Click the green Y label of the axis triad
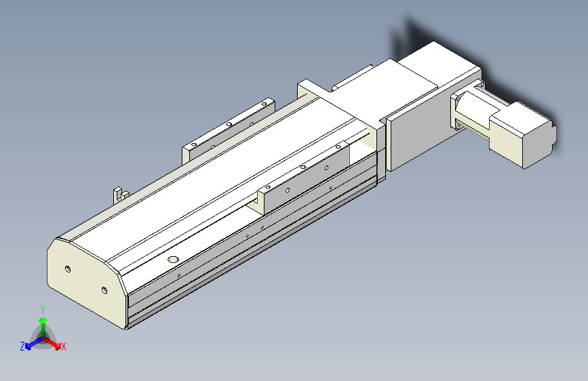[x=43, y=310]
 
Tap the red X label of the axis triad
[x=63, y=346]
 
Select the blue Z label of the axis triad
[x=22, y=346]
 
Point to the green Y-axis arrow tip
[x=43, y=320]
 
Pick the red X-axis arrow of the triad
[x=52, y=342]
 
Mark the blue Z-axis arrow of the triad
[x=35, y=342]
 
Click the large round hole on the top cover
[x=173, y=260]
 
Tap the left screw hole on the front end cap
[x=68, y=269]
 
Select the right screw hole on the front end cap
[x=104, y=290]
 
